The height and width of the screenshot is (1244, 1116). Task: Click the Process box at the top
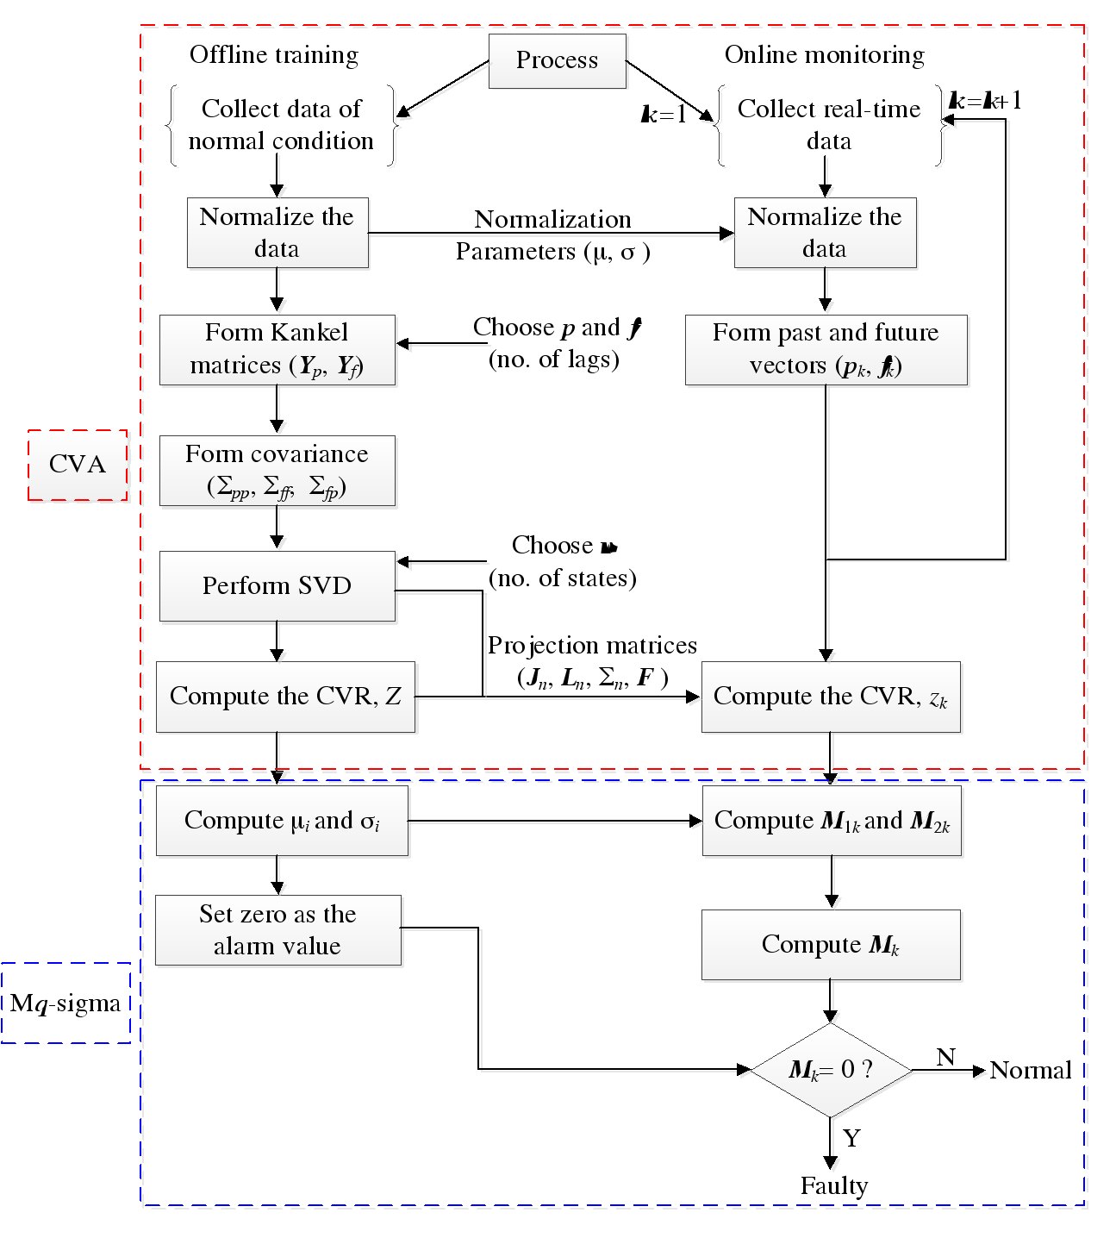tap(558, 60)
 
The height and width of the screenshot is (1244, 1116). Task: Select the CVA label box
tap(78, 465)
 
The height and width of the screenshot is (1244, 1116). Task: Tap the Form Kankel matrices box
tap(277, 349)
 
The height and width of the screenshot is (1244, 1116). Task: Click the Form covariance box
tap(277, 471)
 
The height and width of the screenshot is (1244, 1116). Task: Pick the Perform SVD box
tap(277, 586)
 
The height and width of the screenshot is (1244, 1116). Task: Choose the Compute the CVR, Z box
tap(285, 697)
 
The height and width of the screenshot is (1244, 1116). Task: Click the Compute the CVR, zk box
tap(831, 697)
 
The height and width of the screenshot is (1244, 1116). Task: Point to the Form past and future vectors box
tap(826, 349)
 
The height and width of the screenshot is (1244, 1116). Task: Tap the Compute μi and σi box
tap(282, 820)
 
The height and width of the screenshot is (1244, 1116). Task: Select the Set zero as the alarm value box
tap(277, 930)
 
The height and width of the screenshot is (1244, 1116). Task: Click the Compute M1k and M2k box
tap(832, 820)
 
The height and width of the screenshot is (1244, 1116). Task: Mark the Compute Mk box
tap(831, 945)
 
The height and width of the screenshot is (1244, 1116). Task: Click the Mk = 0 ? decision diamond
tap(832, 1071)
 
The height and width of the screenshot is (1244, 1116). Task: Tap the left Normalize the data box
tap(277, 233)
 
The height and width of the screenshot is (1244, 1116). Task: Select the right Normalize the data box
tap(825, 233)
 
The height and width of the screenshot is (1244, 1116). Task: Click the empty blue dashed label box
tap(65, 1003)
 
